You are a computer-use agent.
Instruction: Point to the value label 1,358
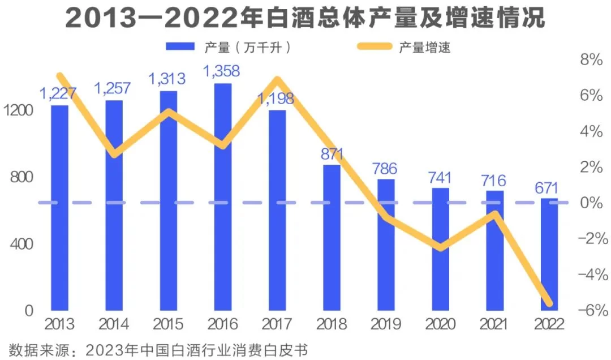(x=222, y=72)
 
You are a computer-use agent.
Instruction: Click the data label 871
(x=332, y=153)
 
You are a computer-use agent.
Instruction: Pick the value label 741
(x=440, y=177)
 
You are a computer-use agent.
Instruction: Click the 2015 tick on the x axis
(x=168, y=324)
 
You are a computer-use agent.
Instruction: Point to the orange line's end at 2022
(x=549, y=305)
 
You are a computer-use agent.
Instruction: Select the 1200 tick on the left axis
(x=17, y=110)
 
